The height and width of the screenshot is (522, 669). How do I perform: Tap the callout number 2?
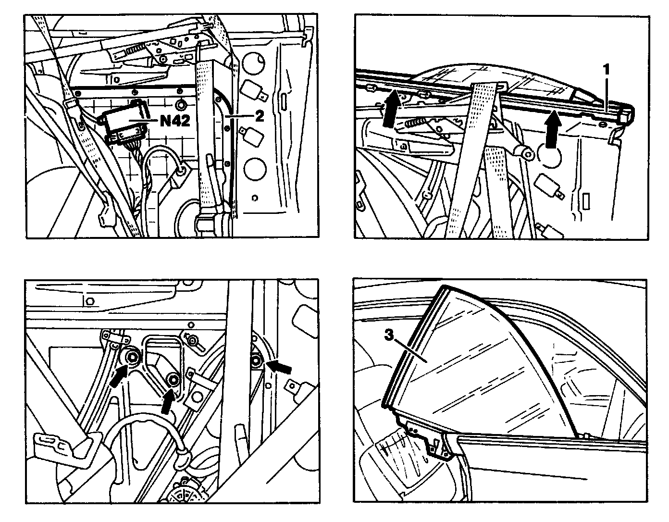[x=259, y=116]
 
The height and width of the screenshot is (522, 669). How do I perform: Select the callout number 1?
[x=606, y=70]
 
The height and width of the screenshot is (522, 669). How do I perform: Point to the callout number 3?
[x=389, y=335]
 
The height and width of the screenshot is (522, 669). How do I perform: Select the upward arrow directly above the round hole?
[x=553, y=126]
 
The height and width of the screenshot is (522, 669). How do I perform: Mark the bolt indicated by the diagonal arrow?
[x=132, y=357]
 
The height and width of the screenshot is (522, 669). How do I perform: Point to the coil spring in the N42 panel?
[x=134, y=48]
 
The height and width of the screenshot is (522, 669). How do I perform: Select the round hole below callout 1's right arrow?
[x=549, y=156]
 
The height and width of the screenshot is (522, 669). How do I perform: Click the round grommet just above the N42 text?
[x=181, y=106]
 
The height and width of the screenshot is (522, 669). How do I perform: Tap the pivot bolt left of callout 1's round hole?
[x=524, y=153]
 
